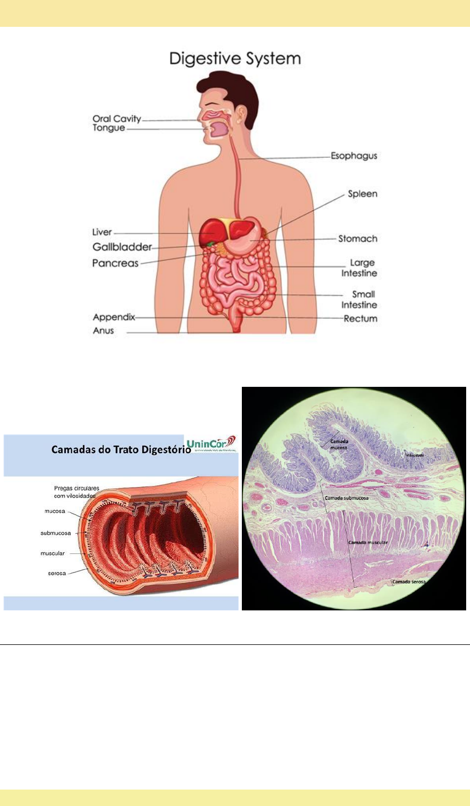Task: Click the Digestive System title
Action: click(x=235, y=59)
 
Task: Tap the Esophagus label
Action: click(x=354, y=156)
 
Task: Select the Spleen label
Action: click(x=363, y=194)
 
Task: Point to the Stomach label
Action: click(x=358, y=238)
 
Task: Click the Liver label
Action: click(x=102, y=232)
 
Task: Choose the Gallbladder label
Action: click(x=122, y=247)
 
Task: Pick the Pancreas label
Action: click(x=115, y=263)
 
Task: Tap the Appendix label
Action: click(x=114, y=317)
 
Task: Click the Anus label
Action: click(x=103, y=330)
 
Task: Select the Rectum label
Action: click(x=360, y=318)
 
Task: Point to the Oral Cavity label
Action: click(x=117, y=119)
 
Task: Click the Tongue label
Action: click(x=109, y=128)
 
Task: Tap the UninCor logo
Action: click(x=211, y=443)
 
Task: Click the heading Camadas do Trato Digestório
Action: click(x=121, y=450)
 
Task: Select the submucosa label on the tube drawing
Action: click(x=55, y=533)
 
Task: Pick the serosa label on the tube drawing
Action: click(x=56, y=573)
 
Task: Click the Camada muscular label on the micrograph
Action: click(x=367, y=542)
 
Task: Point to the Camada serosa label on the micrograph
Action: click(x=408, y=582)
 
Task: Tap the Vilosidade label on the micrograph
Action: click(x=415, y=455)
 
